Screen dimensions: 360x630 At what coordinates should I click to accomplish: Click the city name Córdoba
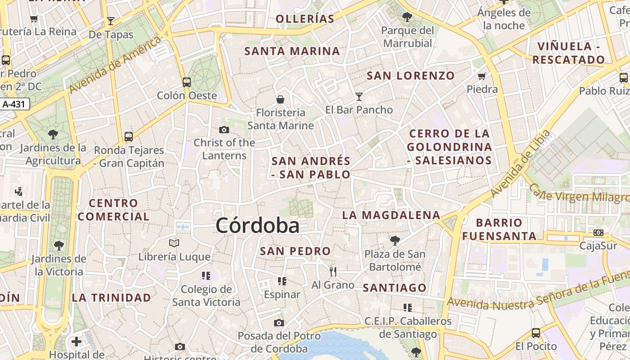(x=257, y=225)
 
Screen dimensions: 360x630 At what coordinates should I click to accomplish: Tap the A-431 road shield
(x=15, y=104)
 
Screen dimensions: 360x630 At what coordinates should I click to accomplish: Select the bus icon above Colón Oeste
(x=187, y=82)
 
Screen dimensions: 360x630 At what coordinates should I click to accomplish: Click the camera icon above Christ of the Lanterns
(x=224, y=130)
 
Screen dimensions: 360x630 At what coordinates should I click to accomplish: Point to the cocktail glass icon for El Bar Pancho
(x=359, y=96)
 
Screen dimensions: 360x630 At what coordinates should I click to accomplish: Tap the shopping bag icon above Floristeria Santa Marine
(x=280, y=99)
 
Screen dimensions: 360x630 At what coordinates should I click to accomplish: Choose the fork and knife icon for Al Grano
(x=333, y=271)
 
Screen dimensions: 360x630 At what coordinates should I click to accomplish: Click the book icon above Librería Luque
(x=174, y=243)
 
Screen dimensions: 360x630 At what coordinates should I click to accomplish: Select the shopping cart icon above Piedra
(x=482, y=76)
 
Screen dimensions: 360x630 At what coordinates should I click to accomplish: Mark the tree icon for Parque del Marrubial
(x=407, y=17)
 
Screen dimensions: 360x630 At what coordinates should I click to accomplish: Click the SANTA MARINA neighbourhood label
(x=292, y=51)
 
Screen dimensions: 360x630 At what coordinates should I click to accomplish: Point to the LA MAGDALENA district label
(x=391, y=215)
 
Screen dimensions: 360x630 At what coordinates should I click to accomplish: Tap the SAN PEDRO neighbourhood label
(x=295, y=251)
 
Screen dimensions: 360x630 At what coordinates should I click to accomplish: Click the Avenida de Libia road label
(x=521, y=163)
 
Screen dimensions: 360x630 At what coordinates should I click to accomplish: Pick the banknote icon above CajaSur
(x=598, y=233)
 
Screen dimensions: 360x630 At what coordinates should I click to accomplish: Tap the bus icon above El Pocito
(x=535, y=333)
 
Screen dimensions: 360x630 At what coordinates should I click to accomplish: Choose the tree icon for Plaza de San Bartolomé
(x=395, y=241)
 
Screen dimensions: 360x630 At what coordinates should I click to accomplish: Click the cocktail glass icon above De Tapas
(x=111, y=21)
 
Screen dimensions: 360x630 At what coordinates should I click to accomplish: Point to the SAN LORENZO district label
(x=410, y=76)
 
